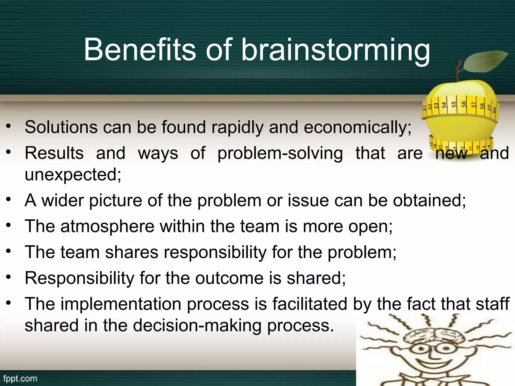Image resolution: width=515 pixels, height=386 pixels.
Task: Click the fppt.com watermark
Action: pyautogui.click(x=20, y=378)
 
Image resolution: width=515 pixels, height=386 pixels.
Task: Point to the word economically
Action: pyautogui.click(x=358, y=128)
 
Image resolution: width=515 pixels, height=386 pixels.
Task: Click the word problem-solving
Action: pyautogui.click(x=280, y=153)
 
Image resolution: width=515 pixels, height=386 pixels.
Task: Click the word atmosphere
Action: pyautogui.click(x=107, y=226)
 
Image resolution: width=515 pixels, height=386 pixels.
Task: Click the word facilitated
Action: pyautogui.click(x=310, y=304)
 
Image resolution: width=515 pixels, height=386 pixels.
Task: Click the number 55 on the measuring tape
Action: pyautogui.click(x=454, y=105)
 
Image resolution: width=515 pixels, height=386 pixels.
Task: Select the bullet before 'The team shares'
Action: pyautogui.click(x=9, y=251)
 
